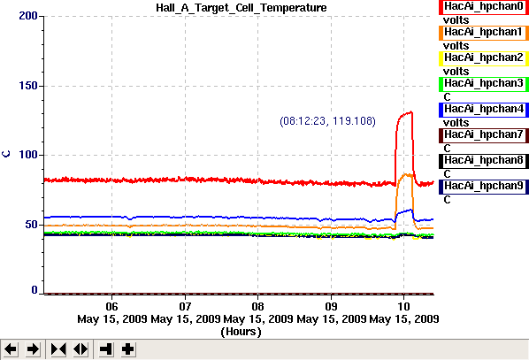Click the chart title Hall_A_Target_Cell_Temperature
tap(241, 7)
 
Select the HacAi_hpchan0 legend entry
tap(484, 7)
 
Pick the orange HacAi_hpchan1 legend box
tap(484, 33)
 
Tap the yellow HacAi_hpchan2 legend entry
tap(484, 58)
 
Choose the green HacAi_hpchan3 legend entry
tap(484, 84)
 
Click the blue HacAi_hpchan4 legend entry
tap(484, 110)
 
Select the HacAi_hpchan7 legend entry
tap(484, 135)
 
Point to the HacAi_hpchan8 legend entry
tap(484, 161)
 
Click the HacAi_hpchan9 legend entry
tap(484, 187)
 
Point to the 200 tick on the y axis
tap(28, 16)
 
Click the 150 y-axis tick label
tap(28, 86)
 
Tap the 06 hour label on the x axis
tap(111, 306)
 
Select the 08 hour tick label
tap(257, 306)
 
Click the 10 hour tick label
tap(404, 306)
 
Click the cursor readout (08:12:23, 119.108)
tap(327, 121)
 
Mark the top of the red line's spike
tap(411, 111)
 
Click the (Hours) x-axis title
tap(241, 332)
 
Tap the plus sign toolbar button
tap(128, 349)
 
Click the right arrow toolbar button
tap(33, 349)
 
